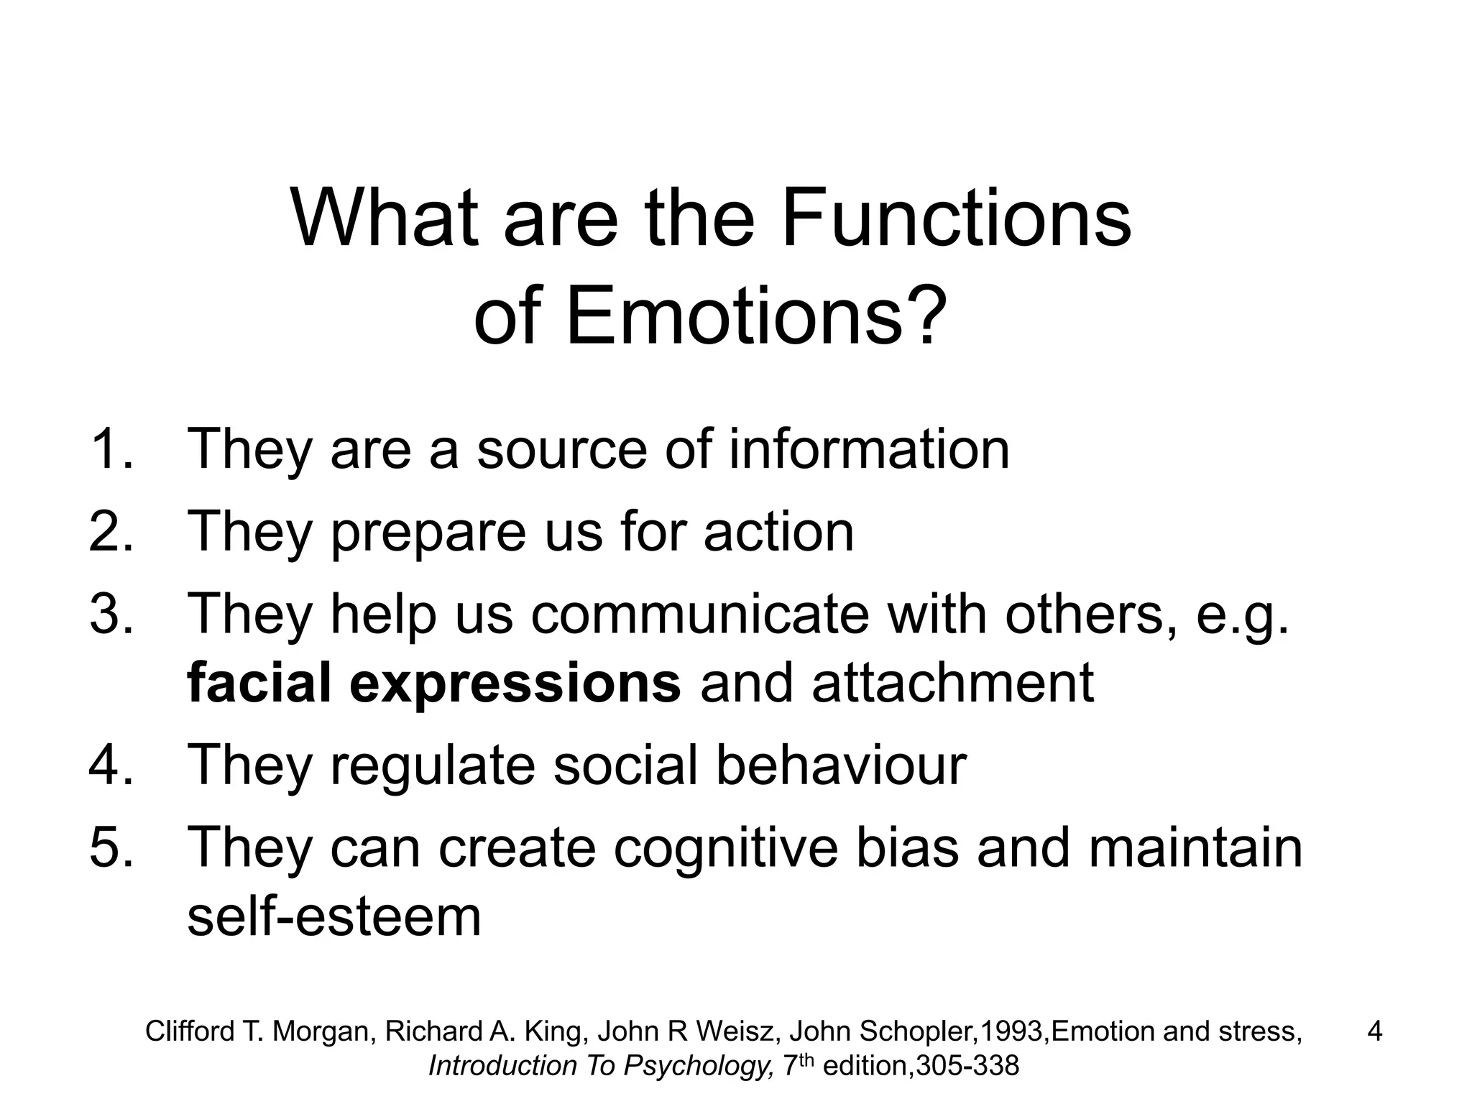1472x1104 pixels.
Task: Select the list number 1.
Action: click(110, 448)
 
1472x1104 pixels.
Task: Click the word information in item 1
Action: click(869, 448)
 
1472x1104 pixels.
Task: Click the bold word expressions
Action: click(515, 683)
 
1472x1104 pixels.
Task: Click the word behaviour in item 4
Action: click(841, 765)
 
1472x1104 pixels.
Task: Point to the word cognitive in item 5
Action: click(725, 848)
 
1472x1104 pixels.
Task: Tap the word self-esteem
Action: click(334, 916)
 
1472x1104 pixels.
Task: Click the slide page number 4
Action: click(1374, 1031)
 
